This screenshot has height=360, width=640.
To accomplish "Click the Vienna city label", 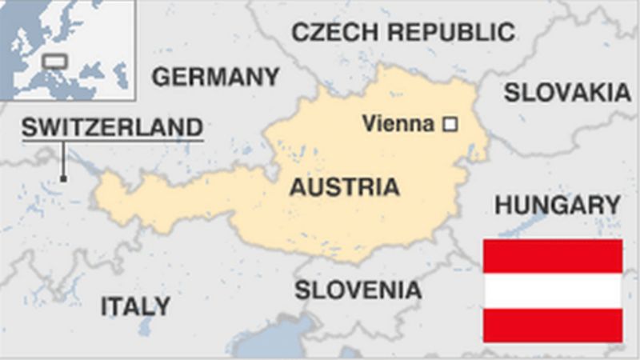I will click(x=398, y=124).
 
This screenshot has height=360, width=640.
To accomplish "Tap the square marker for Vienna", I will click(x=450, y=124).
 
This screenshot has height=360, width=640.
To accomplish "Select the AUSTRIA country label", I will click(x=344, y=187).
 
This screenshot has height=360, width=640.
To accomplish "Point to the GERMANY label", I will click(x=216, y=77).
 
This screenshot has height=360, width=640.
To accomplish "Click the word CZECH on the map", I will click(x=331, y=32).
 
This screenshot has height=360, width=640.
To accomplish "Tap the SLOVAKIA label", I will click(x=566, y=93).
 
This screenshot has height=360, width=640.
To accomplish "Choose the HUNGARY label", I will click(x=557, y=205).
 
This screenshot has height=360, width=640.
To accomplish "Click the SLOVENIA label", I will click(x=358, y=290).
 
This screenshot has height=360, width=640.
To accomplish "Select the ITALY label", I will click(x=135, y=306).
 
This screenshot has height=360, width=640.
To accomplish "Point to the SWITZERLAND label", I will click(x=112, y=127).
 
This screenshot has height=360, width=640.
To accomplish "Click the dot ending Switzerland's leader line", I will click(x=62, y=178).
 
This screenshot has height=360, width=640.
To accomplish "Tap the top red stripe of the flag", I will click(x=552, y=256).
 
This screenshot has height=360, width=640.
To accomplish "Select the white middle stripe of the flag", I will click(x=552, y=290).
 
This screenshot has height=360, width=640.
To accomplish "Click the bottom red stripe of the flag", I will click(x=552, y=325).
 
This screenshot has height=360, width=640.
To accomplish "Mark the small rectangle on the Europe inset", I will click(x=54, y=61).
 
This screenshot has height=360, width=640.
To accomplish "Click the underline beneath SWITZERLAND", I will click(x=112, y=142).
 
